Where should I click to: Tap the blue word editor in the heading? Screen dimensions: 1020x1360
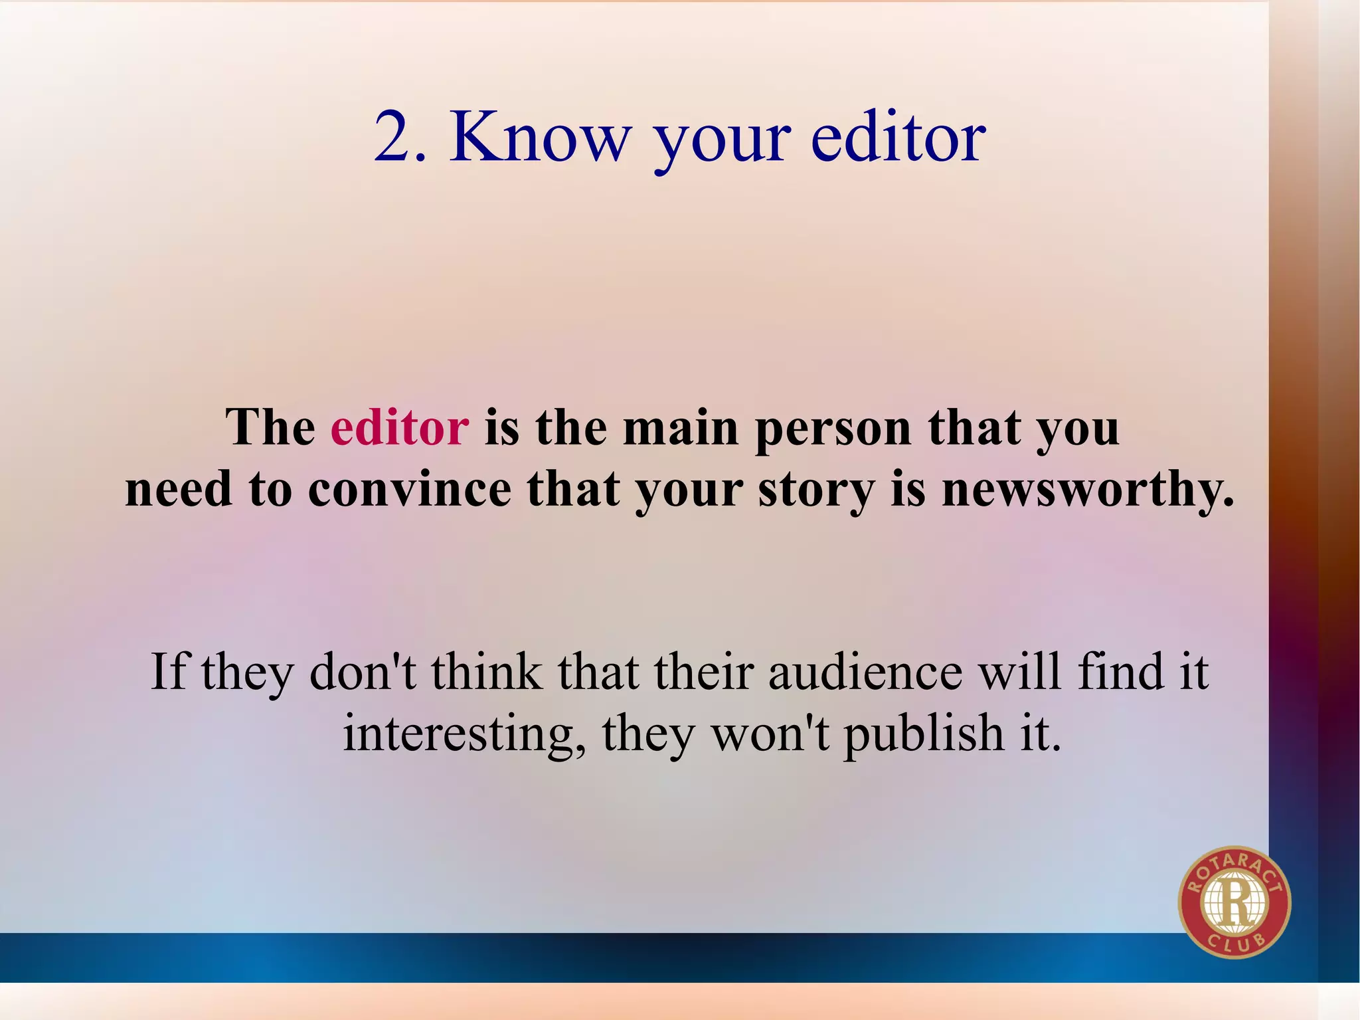[x=898, y=138]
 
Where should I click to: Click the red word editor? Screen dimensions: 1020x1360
[x=400, y=427]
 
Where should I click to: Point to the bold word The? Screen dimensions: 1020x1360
[x=270, y=427]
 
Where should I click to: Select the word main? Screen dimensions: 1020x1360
[x=681, y=427]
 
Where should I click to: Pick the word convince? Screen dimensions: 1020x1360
[x=410, y=490]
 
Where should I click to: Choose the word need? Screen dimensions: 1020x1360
[x=179, y=490]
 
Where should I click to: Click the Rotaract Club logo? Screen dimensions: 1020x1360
[x=1234, y=902]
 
